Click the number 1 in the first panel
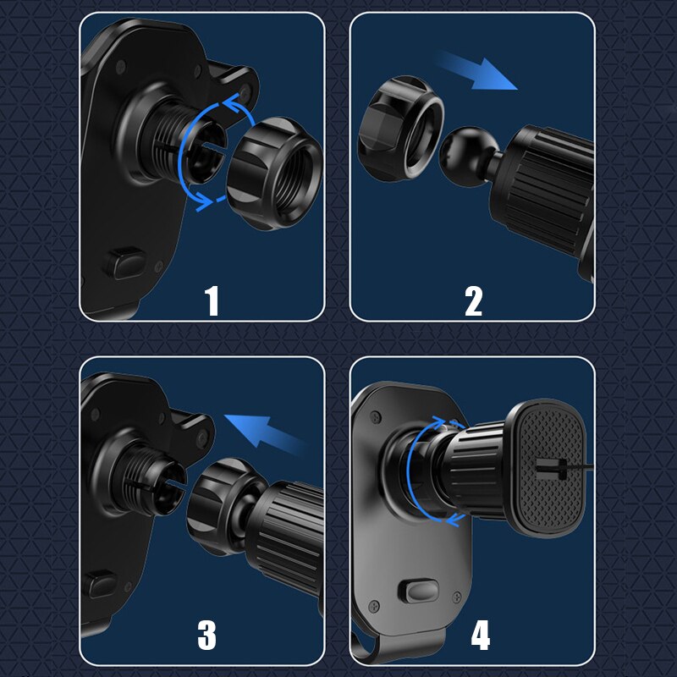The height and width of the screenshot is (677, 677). click(212, 300)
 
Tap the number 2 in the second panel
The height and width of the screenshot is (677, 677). click(474, 301)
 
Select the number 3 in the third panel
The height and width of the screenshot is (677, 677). click(206, 635)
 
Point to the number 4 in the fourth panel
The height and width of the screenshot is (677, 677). click(481, 635)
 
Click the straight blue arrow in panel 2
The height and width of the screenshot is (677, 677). click(476, 71)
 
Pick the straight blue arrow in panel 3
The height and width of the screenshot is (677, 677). click(264, 433)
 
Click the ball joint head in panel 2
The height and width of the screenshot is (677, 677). click(465, 157)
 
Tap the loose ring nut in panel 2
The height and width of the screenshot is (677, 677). click(400, 129)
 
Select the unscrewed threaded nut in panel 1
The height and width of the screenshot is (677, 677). click(274, 173)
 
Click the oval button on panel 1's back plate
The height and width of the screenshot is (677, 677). click(125, 263)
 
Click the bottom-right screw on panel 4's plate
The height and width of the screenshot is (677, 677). click(457, 597)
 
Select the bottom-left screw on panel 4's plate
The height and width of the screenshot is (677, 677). click(374, 607)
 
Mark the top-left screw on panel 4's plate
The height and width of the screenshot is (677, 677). click(376, 417)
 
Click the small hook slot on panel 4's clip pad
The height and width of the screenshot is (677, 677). click(552, 470)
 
